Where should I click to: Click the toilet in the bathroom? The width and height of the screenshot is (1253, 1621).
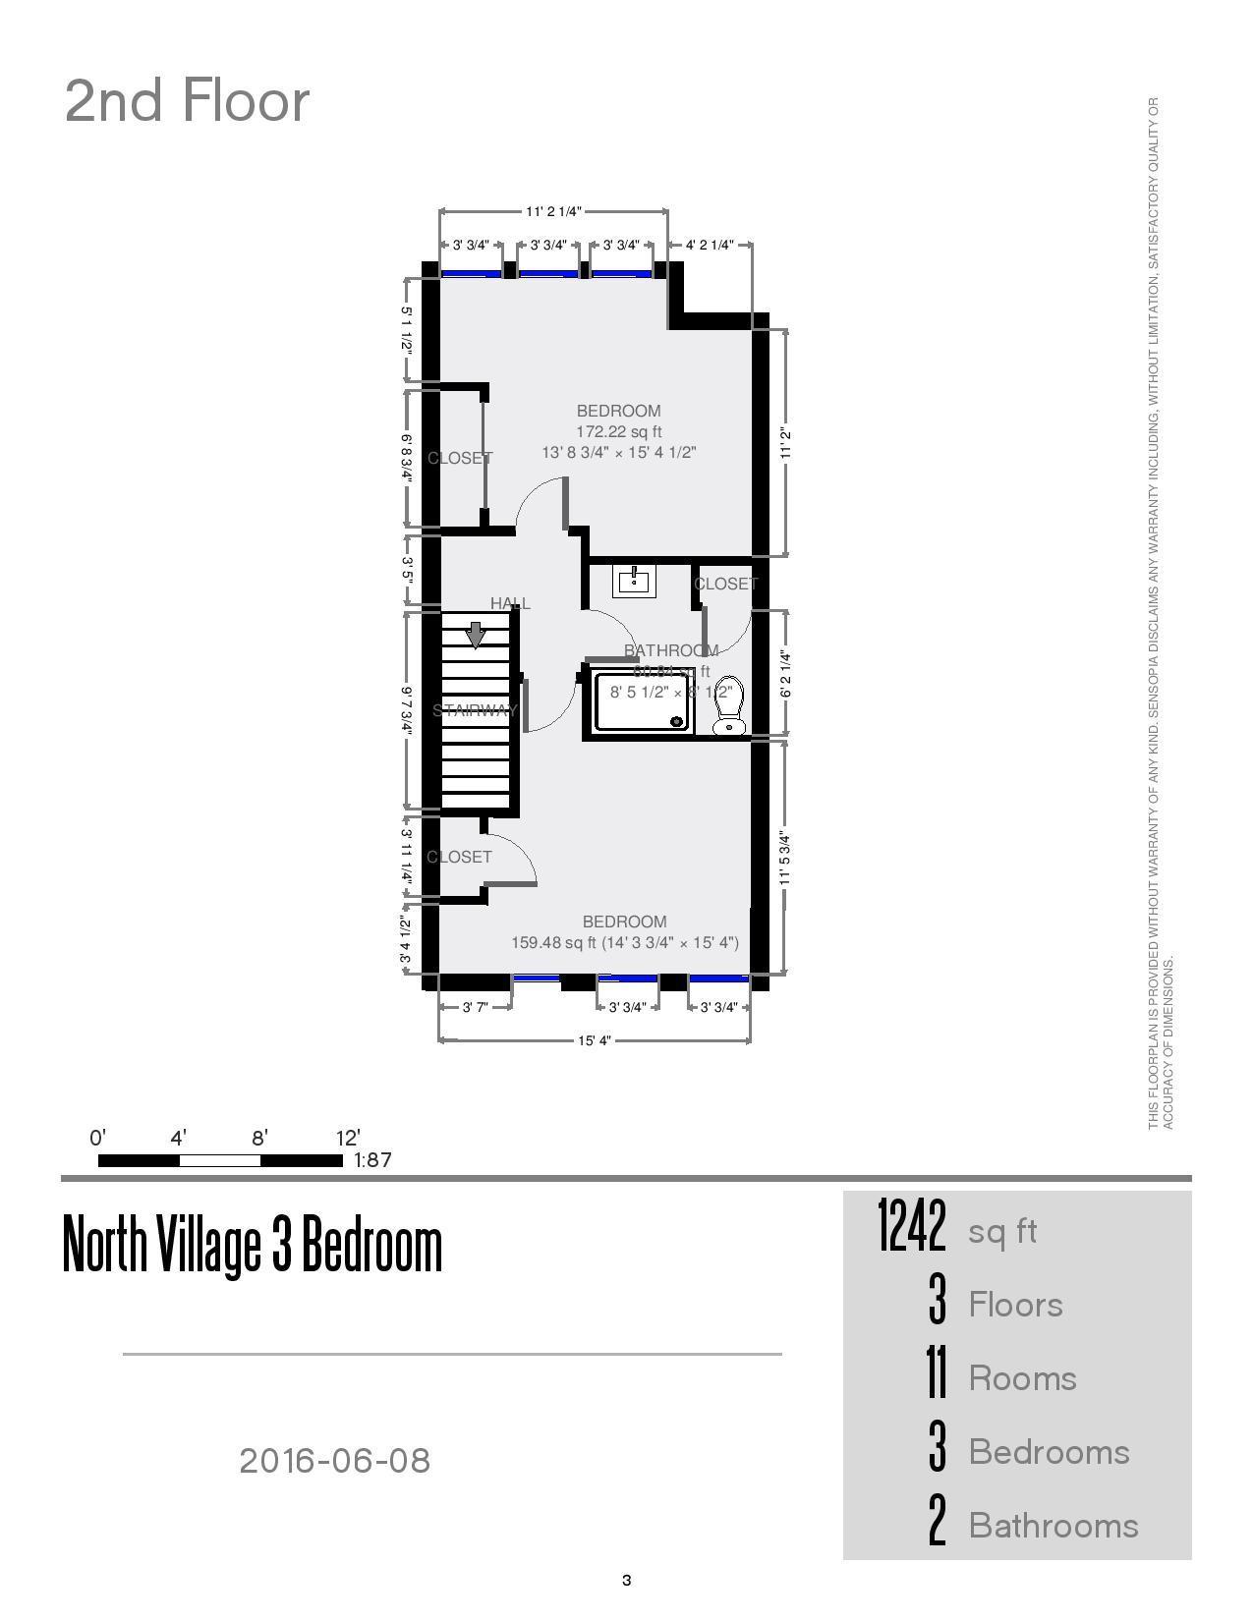727,706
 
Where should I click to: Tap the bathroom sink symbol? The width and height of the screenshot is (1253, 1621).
634,581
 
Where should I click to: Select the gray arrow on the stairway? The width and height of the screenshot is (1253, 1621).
476,635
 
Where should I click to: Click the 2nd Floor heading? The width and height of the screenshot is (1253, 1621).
187,101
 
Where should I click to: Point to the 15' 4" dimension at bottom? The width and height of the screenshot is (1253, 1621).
595,1040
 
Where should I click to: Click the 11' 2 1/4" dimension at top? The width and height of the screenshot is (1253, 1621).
553,211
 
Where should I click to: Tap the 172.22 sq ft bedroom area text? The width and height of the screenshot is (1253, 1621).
618,431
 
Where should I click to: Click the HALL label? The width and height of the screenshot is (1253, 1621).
510,603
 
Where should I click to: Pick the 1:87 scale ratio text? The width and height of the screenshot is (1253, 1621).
372,1160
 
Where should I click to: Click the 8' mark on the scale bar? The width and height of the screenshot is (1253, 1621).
259,1139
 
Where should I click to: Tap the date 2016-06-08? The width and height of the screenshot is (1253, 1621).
334,1461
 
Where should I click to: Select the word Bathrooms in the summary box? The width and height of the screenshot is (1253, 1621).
1054,1526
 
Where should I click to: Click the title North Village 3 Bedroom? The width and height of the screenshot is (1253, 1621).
253,1245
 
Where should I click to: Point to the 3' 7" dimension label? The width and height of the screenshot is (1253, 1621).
476,1007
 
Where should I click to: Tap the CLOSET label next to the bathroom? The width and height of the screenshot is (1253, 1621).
725,584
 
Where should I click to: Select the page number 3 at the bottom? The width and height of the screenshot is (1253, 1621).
626,1580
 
